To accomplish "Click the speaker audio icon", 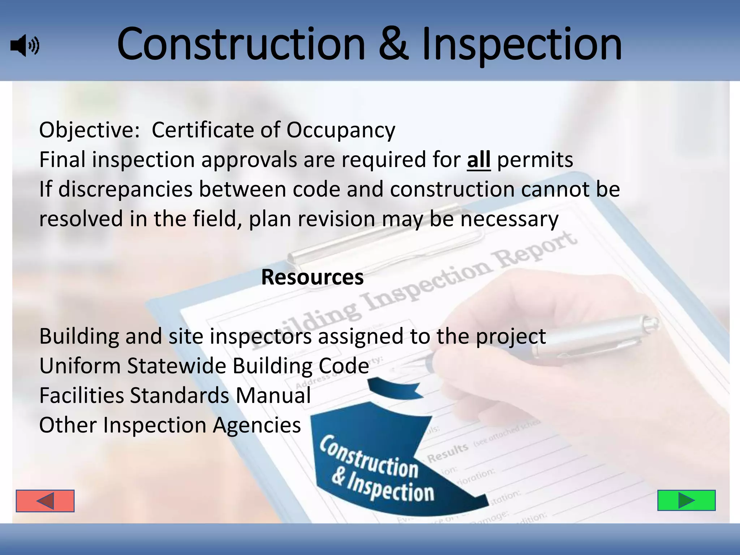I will [x=25, y=46].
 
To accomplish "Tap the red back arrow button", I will [x=45, y=501].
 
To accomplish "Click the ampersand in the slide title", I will [x=393, y=45].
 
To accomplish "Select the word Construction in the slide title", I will [x=241, y=45].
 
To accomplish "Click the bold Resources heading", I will [x=312, y=277].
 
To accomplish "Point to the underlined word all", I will [x=478, y=160].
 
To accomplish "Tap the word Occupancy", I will [x=341, y=131].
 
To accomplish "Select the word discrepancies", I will [x=125, y=190].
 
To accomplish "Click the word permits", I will [x=535, y=160].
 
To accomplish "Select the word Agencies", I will [x=257, y=425].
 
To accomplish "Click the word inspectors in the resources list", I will [x=261, y=336].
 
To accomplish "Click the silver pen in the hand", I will [x=593, y=336].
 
